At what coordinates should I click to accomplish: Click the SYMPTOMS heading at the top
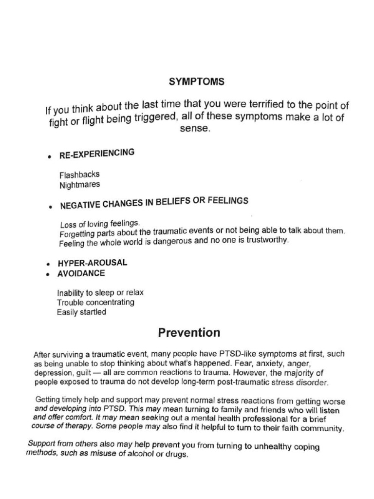(196, 82)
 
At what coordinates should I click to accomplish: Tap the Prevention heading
(189, 333)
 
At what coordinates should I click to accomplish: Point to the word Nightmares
(80, 185)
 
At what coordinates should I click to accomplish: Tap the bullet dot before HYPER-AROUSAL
(48, 264)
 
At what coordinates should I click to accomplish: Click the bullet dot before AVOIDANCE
(48, 275)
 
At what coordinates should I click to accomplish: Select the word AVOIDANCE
(81, 273)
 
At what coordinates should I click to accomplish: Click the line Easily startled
(81, 312)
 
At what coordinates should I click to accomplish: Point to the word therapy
(79, 425)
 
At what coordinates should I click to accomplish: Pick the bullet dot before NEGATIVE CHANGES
(51, 207)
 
